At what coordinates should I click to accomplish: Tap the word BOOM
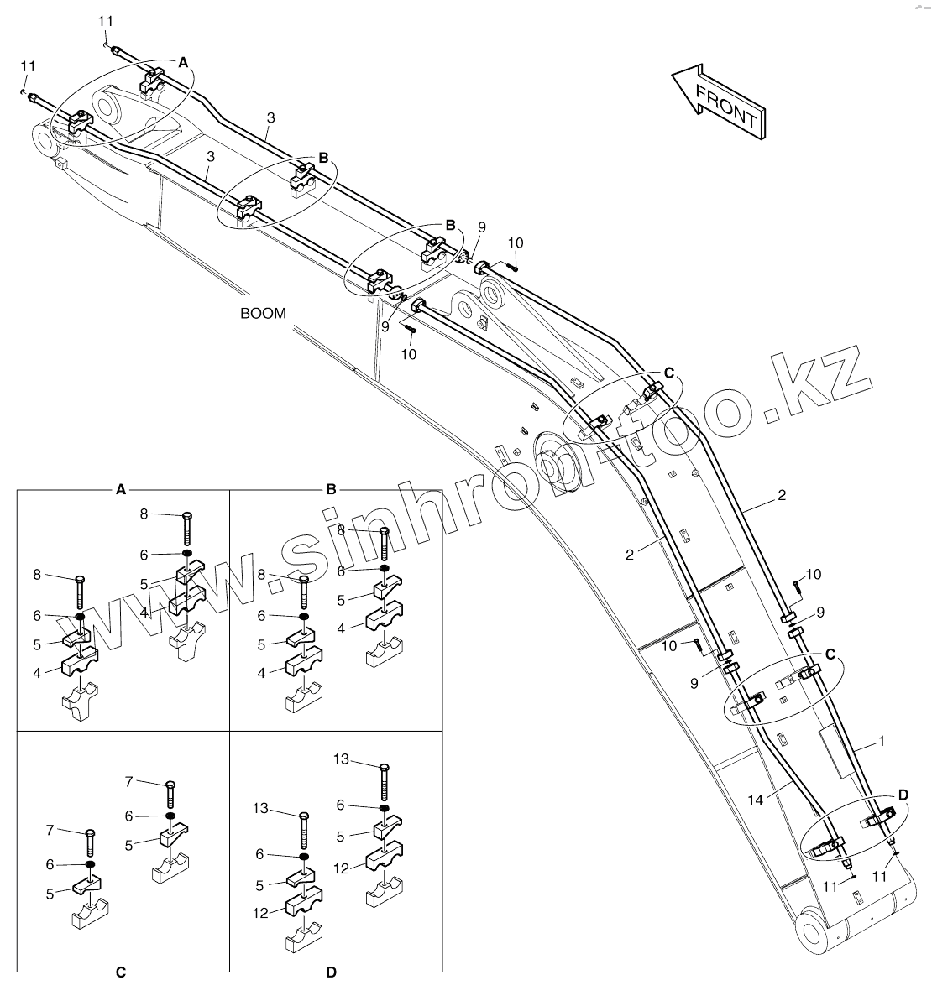point(263,314)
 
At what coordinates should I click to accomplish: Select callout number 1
point(882,742)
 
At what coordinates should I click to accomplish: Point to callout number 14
point(756,800)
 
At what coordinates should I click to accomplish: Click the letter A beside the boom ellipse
point(184,61)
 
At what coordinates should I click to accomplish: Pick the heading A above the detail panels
point(121,488)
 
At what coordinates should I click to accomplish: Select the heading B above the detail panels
point(331,488)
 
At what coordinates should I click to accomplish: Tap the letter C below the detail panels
point(121,972)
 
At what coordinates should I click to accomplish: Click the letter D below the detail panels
point(331,972)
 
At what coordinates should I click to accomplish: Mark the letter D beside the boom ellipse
point(903,794)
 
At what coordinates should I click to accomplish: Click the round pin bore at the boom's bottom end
point(813,932)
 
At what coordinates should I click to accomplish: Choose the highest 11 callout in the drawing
point(104,20)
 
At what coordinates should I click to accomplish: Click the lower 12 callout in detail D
point(262,913)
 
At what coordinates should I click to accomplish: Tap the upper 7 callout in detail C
point(129,781)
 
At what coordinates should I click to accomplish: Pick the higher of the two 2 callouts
point(782,496)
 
